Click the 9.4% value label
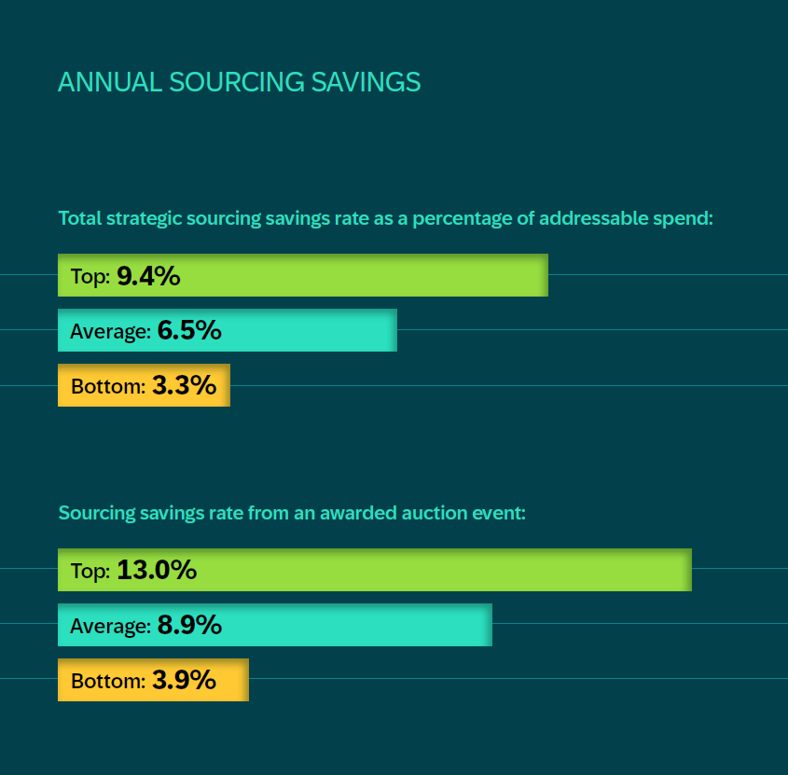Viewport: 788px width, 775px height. point(148,276)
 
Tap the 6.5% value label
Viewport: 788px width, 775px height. point(189,330)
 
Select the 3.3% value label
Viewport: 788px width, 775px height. point(184,385)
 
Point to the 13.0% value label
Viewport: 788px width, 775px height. point(157,570)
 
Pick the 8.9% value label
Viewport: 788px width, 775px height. point(189,625)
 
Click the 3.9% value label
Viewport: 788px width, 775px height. point(184,680)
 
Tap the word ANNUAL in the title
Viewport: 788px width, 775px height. point(110,82)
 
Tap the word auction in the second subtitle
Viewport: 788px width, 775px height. point(423,513)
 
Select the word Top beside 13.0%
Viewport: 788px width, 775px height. point(90,571)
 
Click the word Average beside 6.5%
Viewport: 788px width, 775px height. point(110,331)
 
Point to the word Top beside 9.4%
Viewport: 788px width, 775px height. point(90,277)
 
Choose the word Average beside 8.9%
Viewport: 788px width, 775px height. point(110,626)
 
